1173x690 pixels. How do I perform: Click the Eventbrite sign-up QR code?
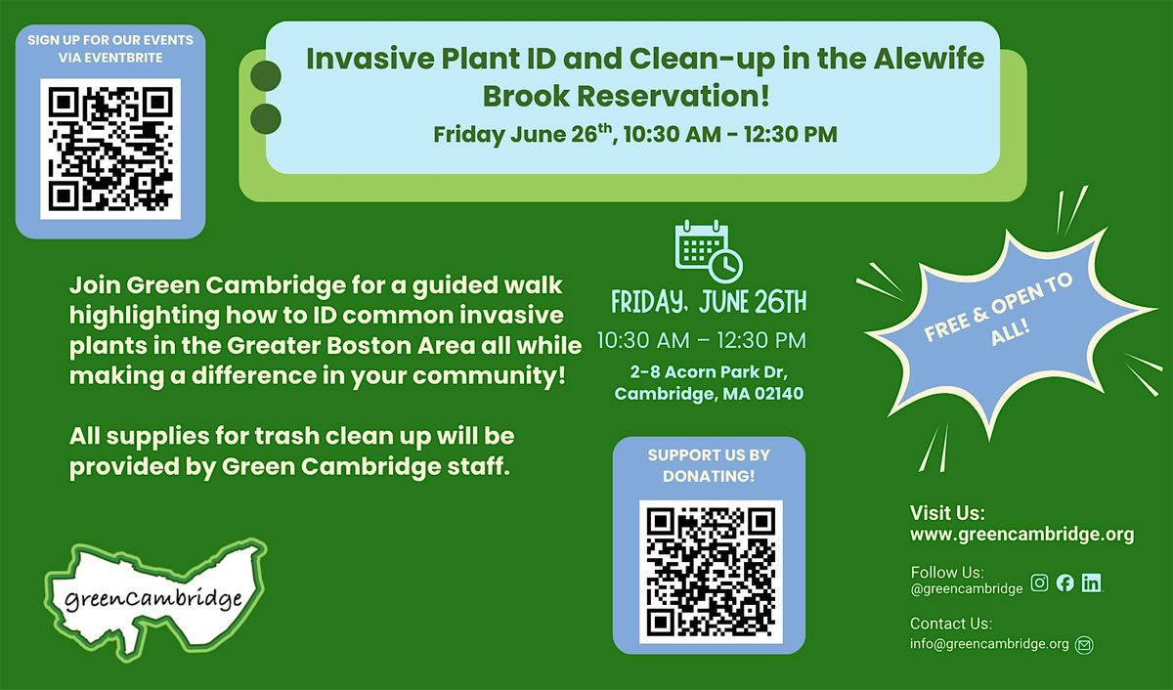click(x=110, y=149)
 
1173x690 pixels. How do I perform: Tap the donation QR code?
click(x=711, y=572)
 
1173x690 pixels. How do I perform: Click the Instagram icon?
click(x=1039, y=582)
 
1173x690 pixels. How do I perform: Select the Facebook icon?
click(x=1065, y=582)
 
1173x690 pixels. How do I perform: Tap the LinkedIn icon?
click(x=1091, y=582)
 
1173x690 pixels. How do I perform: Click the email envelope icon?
click(x=1084, y=644)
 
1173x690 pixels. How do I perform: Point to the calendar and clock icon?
click(x=709, y=251)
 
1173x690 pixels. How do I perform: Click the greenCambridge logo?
click(x=155, y=599)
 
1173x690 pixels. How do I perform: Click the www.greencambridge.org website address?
click(x=1021, y=534)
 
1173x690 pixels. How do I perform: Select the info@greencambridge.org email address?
click(x=989, y=643)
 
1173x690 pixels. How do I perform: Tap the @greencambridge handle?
click(x=967, y=589)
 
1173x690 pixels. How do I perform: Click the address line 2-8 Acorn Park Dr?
click(x=709, y=372)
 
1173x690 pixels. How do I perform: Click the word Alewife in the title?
click(x=929, y=58)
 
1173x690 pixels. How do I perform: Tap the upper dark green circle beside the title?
click(x=266, y=76)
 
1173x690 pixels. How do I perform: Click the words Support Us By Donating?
click(x=709, y=465)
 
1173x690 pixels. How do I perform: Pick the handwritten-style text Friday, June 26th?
click(x=709, y=302)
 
